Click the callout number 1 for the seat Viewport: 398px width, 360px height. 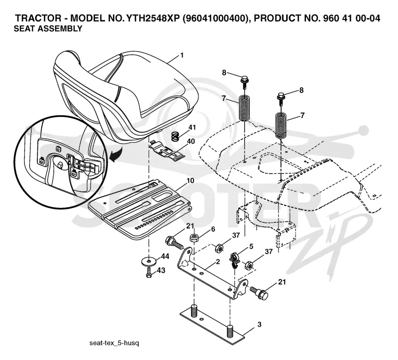tap(182, 55)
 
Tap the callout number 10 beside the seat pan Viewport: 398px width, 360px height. tap(191, 180)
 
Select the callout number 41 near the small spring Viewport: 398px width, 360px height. tap(192, 127)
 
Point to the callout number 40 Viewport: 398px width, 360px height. tap(191, 141)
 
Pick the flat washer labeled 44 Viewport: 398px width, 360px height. tap(148, 261)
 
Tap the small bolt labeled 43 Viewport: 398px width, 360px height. tap(149, 272)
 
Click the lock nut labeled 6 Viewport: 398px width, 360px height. tap(194, 238)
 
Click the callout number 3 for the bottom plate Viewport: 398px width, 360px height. tap(259, 324)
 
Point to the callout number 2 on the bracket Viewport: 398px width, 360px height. tap(218, 262)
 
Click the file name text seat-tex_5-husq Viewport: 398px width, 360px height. tap(114, 343)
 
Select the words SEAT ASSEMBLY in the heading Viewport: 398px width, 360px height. tap(48, 29)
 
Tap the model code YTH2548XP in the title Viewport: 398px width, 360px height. tap(153, 18)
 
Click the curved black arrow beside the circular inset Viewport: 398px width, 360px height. tap(116, 154)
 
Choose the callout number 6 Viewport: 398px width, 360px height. tap(213, 230)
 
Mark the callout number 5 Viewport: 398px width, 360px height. tap(251, 246)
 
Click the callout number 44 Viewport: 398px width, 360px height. tap(165, 256)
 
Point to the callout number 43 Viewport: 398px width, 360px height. tap(161, 270)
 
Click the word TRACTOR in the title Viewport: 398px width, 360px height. tap(38, 18)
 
